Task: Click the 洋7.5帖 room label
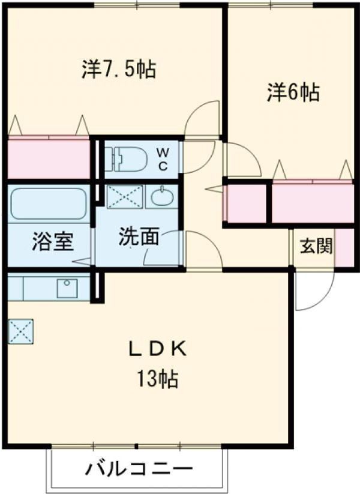point(118,70)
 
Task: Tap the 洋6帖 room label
point(293,92)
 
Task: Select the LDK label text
point(158,349)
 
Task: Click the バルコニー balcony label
point(139,468)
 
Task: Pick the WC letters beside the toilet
point(163,159)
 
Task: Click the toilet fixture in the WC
point(126,159)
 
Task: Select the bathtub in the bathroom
point(48,203)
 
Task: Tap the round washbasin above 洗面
point(160,197)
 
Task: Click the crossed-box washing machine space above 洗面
point(124,196)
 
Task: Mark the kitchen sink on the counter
point(67,288)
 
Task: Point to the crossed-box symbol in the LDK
point(21,331)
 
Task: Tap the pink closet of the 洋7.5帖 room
point(49,158)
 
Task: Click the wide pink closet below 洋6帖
point(312,203)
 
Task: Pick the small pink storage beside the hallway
point(245,203)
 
